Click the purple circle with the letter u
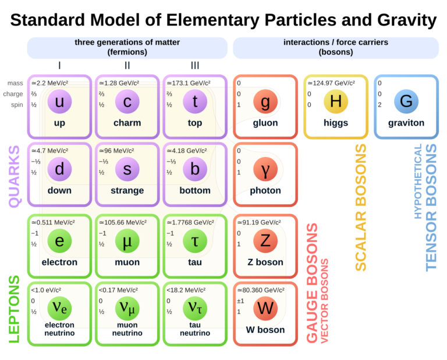[59, 101]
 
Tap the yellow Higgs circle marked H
[336, 101]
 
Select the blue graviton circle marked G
[406, 101]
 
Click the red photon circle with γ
[265, 169]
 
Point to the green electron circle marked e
[59, 241]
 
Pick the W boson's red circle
[265, 308]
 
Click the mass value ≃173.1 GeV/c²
[189, 83]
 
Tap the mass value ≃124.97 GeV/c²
[331, 83]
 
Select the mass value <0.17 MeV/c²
[118, 290]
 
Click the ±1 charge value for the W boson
[240, 301]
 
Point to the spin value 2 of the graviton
[379, 105]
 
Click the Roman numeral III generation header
[195, 66]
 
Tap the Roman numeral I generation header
[59, 66]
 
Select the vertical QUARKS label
[14, 176]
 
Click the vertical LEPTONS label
[14, 309]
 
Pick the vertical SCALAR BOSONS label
[361, 208]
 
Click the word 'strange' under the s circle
[127, 191]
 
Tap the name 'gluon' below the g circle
[265, 123]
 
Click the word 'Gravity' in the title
[407, 20]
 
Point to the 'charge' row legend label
[13, 94]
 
